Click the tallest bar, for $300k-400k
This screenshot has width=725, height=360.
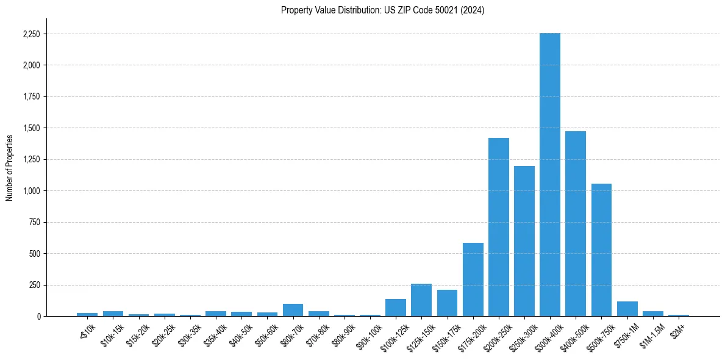point(549,175)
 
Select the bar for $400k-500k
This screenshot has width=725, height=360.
point(575,223)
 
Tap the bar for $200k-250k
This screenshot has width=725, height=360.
point(498,227)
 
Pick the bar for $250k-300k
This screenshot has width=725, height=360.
point(524,241)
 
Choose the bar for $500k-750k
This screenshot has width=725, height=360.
point(601,250)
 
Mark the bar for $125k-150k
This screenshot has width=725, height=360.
point(421,300)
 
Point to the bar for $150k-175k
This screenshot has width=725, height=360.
point(447,303)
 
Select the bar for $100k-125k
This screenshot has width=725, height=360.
point(396,308)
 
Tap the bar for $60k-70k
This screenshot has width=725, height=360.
point(293,310)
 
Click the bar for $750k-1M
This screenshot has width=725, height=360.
point(627,309)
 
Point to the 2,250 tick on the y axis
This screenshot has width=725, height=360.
point(31,34)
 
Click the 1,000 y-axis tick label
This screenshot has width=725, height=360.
point(31,191)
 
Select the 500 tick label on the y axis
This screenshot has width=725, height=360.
point(34,254)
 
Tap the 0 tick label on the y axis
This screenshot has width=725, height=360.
point(38,317)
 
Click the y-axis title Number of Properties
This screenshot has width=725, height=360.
point(9,167)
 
